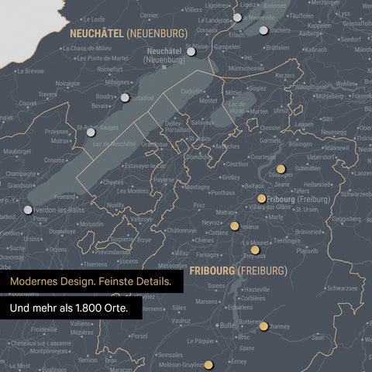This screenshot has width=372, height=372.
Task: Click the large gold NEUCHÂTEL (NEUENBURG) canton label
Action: (129, 33)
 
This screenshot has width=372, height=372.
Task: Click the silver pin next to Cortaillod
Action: (125, 98)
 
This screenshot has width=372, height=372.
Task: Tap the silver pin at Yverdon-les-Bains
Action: (29, 209)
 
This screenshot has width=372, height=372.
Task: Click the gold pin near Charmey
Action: (263, 326)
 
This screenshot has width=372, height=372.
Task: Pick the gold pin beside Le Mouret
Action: (254, 250)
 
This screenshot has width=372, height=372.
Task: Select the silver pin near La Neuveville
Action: (238, 17)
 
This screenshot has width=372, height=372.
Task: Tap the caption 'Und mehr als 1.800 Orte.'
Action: (70, 308)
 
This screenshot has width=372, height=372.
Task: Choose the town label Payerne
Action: (164, 179)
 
